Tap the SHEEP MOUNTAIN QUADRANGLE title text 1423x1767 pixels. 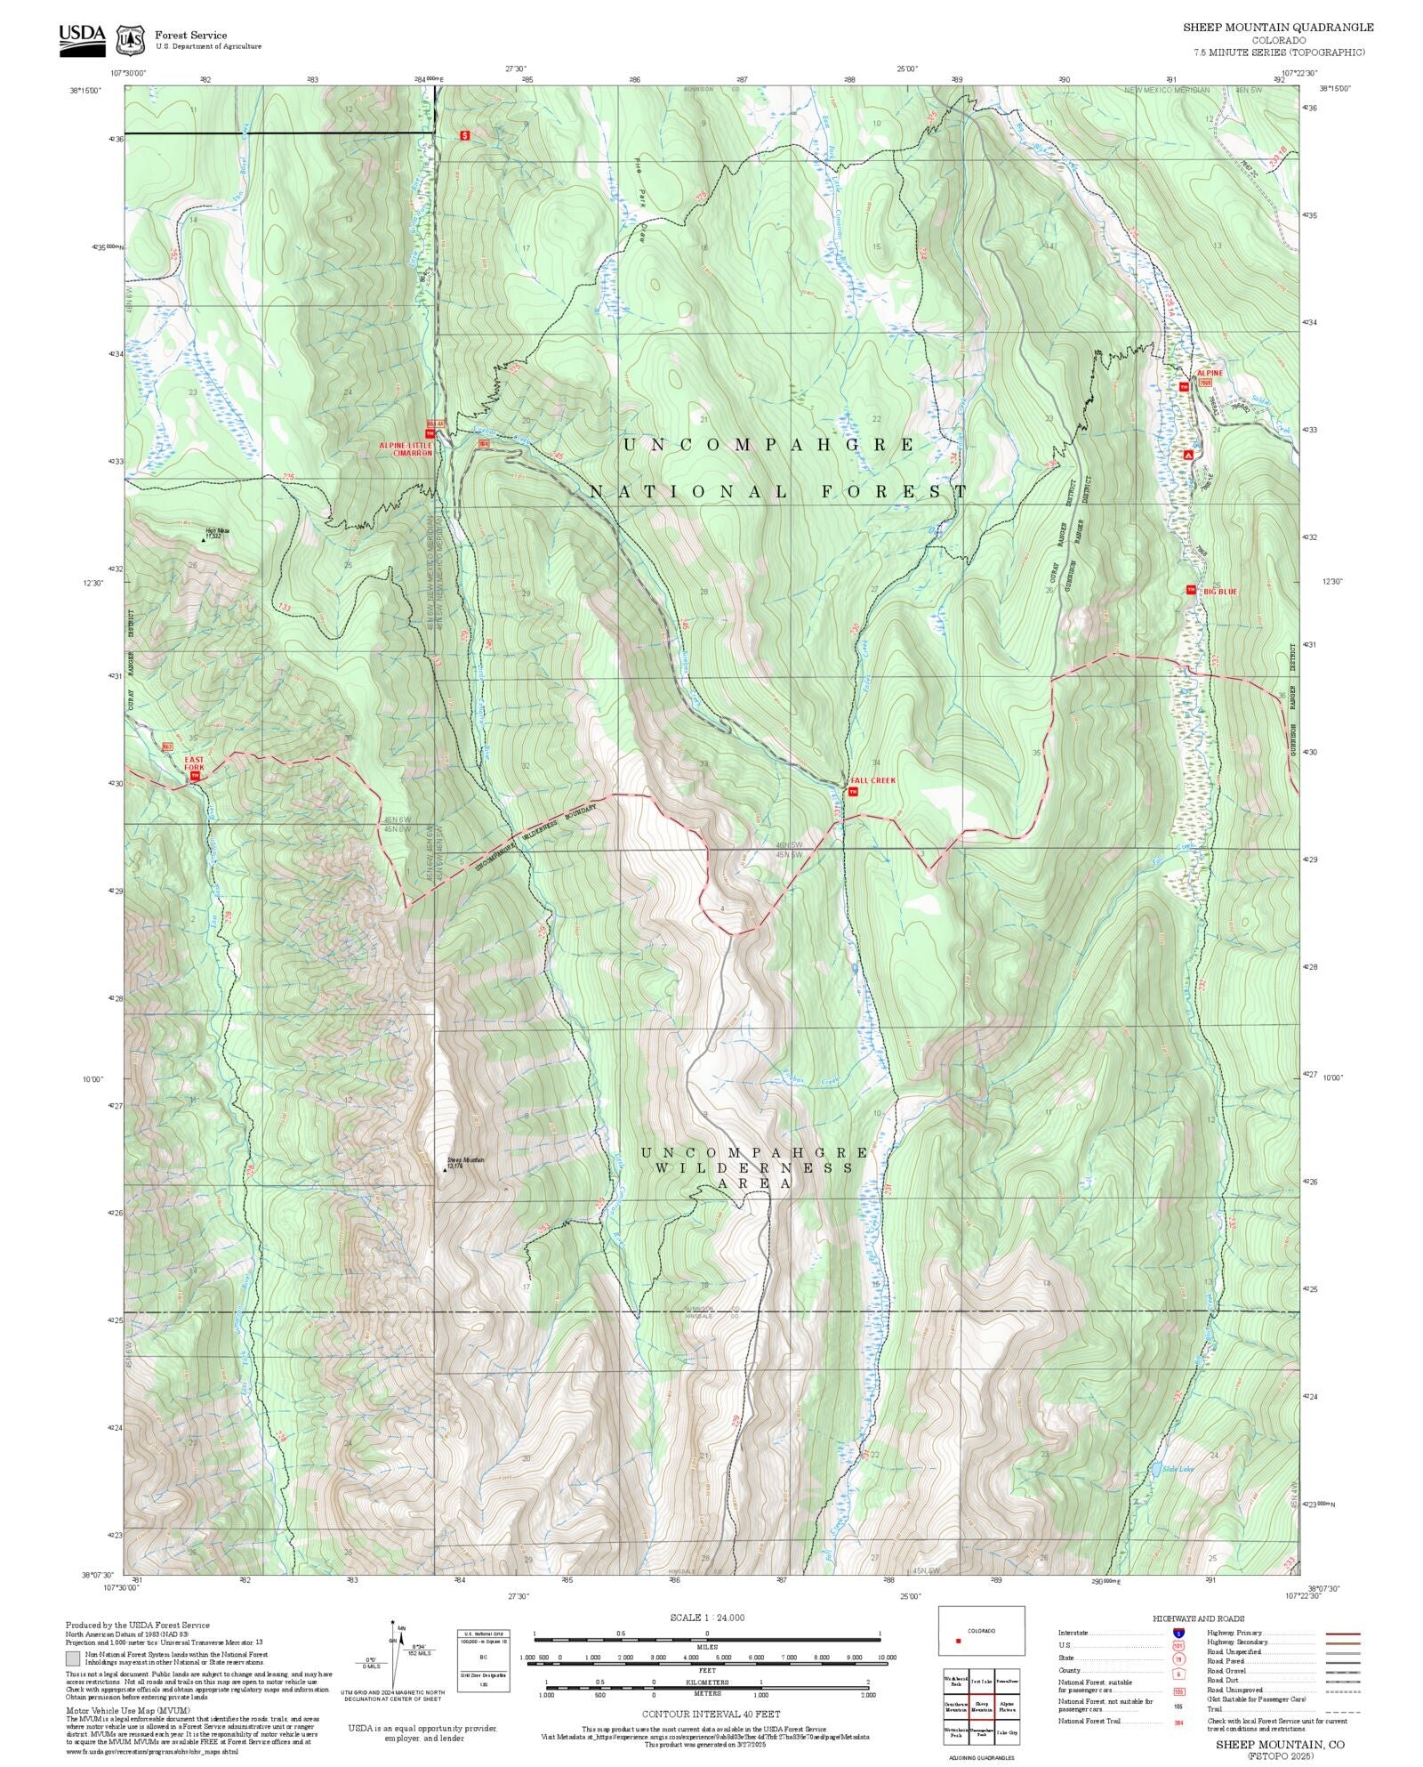1277,28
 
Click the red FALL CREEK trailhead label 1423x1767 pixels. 872,780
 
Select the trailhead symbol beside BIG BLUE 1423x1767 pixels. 1190,589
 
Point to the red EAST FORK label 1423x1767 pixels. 194,763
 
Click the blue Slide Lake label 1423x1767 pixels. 1178,1468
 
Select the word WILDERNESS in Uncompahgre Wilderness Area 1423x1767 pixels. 754,1167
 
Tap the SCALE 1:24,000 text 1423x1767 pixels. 707,1617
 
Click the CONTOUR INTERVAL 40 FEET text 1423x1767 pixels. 711,1713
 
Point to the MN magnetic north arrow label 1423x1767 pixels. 402,1627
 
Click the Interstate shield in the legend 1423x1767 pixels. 1178,1634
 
